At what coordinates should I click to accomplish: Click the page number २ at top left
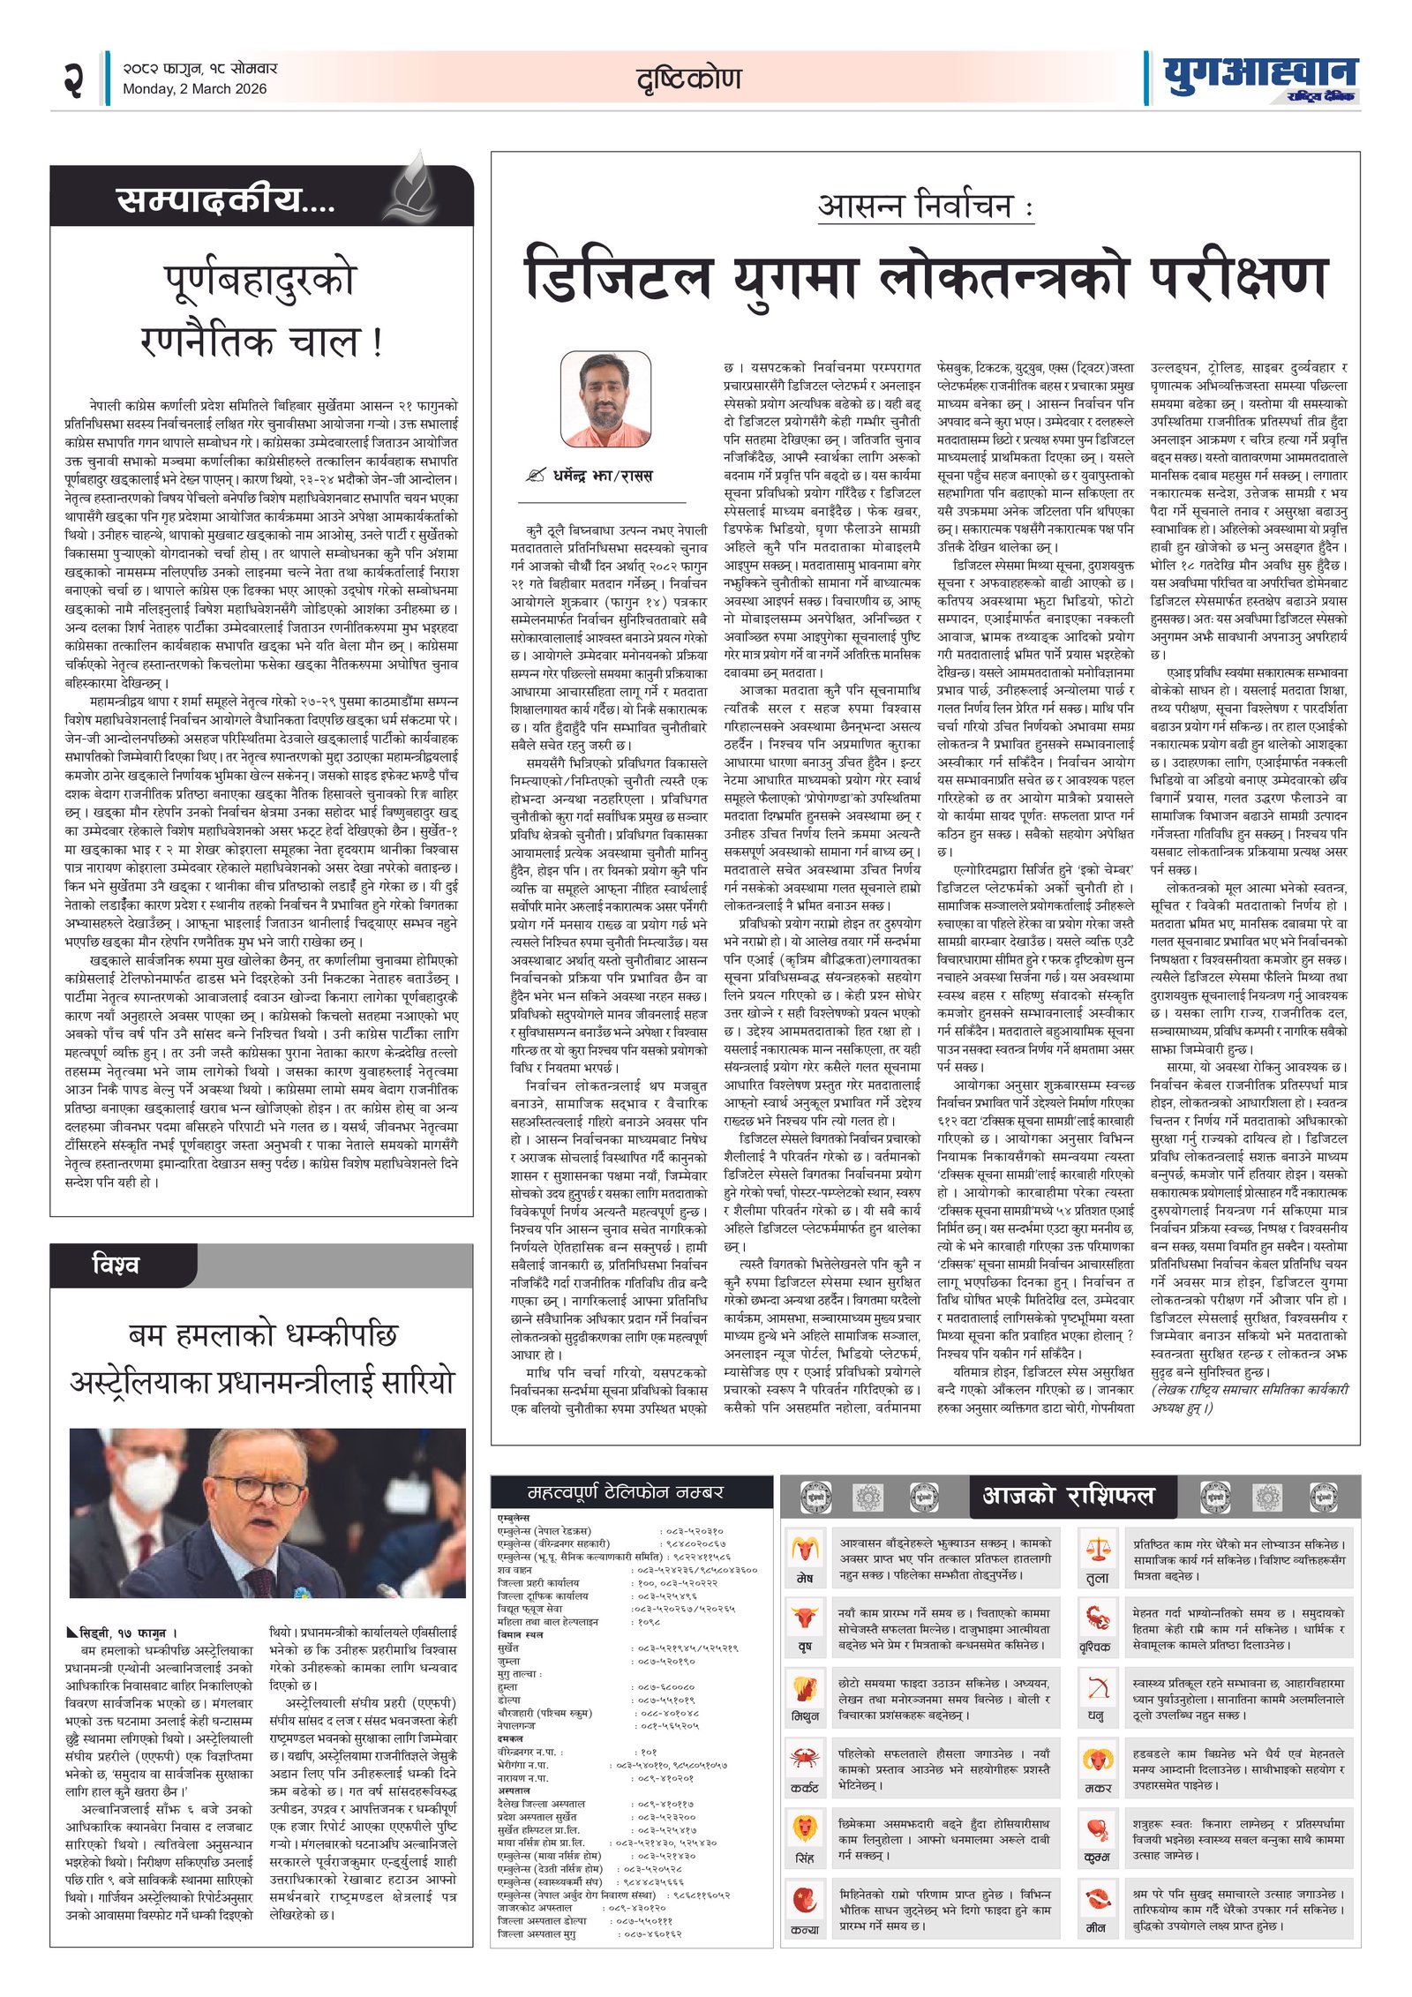coord(73,79)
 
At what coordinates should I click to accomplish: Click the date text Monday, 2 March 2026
coord(194,88)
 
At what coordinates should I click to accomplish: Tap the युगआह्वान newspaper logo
coord(1260,78)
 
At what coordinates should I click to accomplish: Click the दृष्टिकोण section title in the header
coord(688,79)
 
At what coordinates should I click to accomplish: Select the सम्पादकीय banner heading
coord(226,200)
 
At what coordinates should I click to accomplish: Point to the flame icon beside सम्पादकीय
coord(414,188)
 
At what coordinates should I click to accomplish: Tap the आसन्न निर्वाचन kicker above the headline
coord(924,206)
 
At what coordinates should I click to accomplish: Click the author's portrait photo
coord(605,399)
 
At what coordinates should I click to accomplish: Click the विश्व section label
coord(115,1265)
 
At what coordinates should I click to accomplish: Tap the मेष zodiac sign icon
coord(805,1549)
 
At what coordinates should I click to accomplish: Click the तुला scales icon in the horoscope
coord(1098,1549)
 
